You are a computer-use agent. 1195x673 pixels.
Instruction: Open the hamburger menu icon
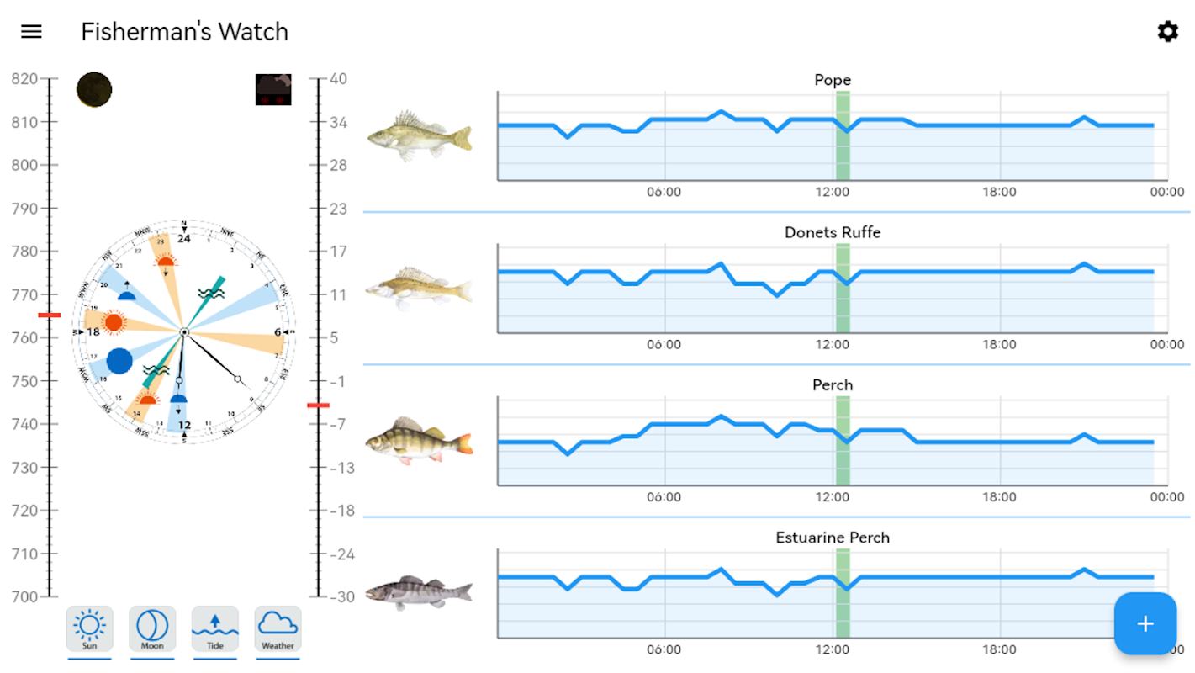pos(31,32)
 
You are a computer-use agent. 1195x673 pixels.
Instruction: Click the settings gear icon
pos(1167,32)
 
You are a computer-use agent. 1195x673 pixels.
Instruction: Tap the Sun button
pos(89,628)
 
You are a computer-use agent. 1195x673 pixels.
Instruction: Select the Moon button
pos(152,628)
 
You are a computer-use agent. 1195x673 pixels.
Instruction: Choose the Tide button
pos(215,628)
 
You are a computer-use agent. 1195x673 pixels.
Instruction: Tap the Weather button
pos(278,628)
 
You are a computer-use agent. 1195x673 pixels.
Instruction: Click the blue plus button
pos(1145,623)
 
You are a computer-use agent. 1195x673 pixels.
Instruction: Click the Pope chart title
pos(833,80)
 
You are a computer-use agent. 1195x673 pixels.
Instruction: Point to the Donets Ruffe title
pos(833,232)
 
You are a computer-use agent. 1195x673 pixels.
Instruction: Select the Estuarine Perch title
pos(833,538)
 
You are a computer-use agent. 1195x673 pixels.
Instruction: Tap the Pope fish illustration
pos(419,135)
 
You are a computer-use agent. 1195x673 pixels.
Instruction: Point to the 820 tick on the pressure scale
pos(25,79)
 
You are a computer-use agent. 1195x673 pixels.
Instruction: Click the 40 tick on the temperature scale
pos(338,79)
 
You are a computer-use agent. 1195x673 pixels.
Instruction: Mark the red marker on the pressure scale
pos(50,315)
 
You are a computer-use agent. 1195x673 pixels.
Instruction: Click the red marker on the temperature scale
pos(318,405)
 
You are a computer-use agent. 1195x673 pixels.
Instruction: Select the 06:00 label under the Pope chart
pos(664,192)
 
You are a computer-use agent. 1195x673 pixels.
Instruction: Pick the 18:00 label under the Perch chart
pos(999,497)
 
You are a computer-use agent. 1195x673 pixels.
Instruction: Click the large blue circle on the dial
pos(119,361)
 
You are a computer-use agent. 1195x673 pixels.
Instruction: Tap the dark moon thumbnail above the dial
pos(94,89)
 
